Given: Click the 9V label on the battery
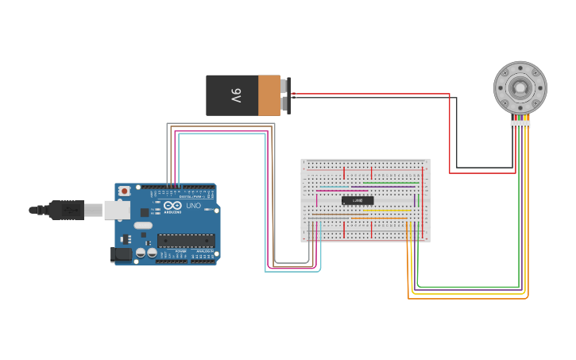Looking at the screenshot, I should tap(236, 95).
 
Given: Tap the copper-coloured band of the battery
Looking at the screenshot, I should tap(269, 95).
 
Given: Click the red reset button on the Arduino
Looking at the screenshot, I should tap(125, 192).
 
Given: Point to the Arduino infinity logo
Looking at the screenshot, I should tap(173, 206).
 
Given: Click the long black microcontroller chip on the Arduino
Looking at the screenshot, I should tap(185, 240).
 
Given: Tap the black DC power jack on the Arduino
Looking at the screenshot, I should tap(120, 254).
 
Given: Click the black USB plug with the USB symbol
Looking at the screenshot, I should tap(65, 210).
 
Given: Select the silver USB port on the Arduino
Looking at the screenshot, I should tap(116, 210).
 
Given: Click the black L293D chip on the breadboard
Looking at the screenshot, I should tap(358, 200).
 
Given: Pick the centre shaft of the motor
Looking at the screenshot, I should tap(520, 87).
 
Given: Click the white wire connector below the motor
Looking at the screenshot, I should tap(520, 124).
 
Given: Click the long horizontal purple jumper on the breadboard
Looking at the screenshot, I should tap(383, 187).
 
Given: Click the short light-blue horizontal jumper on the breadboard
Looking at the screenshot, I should tap(334, 187).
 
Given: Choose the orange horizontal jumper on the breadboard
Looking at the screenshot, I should tap(379, 218).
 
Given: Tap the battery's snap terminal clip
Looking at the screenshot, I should tap(285, 95).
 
